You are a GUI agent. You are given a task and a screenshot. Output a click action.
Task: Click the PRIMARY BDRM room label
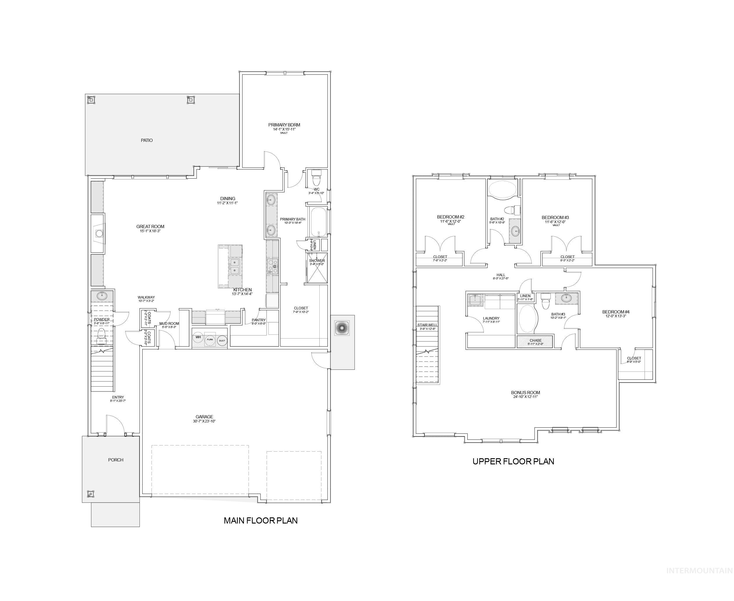tap(284, 125)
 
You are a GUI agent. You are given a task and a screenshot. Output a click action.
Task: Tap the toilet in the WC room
tap(316, 178)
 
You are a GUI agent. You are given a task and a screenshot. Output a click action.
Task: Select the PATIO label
tap(147, 140)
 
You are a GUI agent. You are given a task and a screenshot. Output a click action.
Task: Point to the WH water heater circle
tap(198, 337)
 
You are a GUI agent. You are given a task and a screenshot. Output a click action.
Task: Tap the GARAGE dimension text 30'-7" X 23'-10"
tap(204, 421)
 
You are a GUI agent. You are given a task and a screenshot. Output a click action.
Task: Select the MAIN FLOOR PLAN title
tap(260, 520)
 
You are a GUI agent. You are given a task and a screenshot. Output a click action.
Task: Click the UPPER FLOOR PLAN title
tap(513, 461)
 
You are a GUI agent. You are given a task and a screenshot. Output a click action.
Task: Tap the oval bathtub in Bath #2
tap(502, 190)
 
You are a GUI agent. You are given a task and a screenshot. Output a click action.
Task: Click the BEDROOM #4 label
tap(616, 312)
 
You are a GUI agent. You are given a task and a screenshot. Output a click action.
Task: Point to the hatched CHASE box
tap(535, 342)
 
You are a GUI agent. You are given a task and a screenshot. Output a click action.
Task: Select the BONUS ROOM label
tap(525, 393)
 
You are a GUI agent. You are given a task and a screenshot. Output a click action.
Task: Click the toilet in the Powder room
tap(101, 334)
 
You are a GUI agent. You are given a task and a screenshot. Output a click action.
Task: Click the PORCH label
tap(116, 460)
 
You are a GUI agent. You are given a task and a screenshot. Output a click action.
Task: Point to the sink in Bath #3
tap(566, 298)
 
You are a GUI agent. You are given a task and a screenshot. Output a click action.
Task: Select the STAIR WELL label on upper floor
tap(427, 325)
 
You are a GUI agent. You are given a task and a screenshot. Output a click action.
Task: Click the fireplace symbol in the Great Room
tap(99, 233)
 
